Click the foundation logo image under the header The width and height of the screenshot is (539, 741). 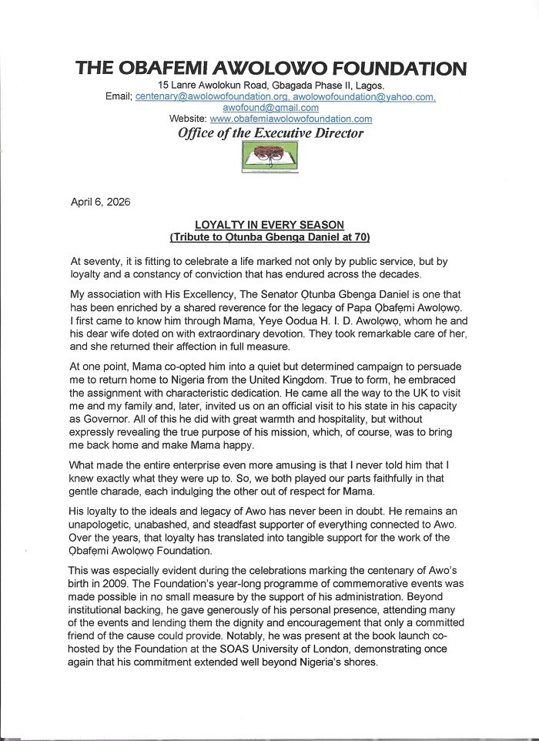tap(269, 158)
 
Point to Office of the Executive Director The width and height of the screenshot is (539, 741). tap(270, 132)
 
